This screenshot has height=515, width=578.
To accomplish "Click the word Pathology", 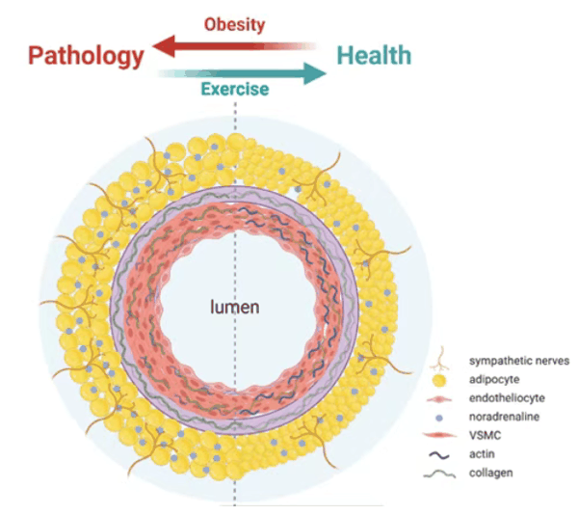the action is [x=86, y=57].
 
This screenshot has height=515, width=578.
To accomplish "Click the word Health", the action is [x=374, y=55].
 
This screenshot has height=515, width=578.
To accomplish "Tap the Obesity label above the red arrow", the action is [x=234, y=25].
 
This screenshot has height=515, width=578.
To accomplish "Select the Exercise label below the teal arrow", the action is [x=235, y=90].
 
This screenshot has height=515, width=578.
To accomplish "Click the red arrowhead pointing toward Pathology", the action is [x=164, y=46].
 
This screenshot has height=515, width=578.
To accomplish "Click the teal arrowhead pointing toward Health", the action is [x=314, y=73].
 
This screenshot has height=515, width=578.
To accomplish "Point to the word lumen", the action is [x=234, y=307].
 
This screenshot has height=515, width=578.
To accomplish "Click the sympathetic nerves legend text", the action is [x=519, y=361].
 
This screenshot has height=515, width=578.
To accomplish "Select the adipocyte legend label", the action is [x=494, y=380].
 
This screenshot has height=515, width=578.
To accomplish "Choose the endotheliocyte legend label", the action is [x=507, y=398].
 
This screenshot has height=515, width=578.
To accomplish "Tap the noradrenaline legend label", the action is [x=504, y=417].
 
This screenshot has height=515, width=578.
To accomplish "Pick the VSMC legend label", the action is [x=485, y=436].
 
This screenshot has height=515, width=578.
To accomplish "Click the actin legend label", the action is [x=482, y=454].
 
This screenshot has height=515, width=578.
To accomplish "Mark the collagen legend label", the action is [x=490, y=473].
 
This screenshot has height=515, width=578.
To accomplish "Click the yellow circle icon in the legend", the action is [x=438, y=380].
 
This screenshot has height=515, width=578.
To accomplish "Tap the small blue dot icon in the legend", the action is [x=439, y=418].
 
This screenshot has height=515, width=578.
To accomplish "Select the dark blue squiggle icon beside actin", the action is [x=439, y=455].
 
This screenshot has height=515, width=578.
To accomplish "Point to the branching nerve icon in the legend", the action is [x=439, y=359].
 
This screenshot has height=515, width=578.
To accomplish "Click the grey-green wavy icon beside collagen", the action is [x=439, y=474].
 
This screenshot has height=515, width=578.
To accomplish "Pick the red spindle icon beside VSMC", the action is [x=439, y=436].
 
